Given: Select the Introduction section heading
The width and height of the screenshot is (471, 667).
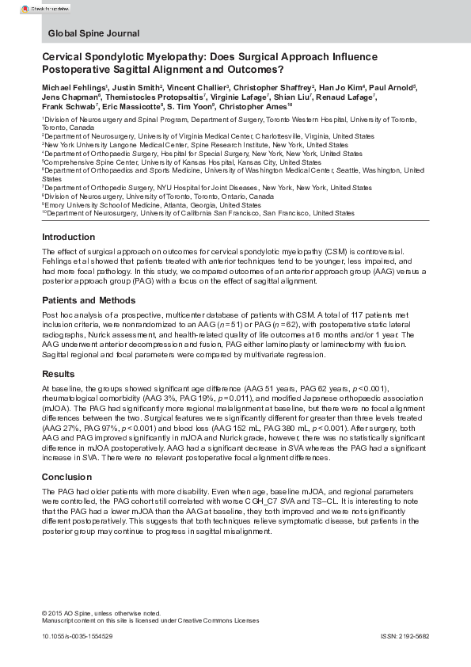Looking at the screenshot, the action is click(68, 238).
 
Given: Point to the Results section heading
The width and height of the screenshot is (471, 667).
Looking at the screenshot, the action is click(58, 374).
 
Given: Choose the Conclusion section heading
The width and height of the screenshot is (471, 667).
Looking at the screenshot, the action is click(66, 477).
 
